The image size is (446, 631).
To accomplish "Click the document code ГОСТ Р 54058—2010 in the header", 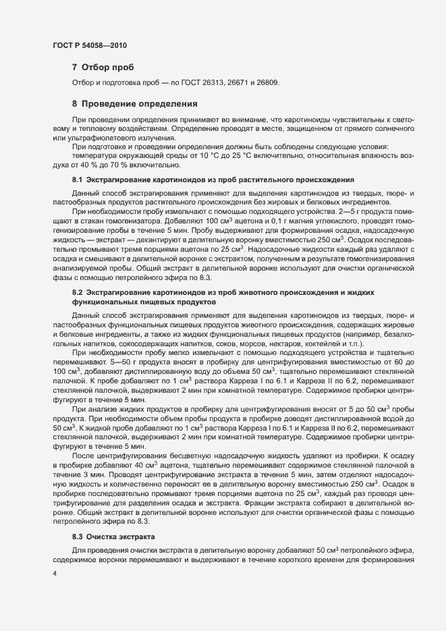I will click(x=90, y=45).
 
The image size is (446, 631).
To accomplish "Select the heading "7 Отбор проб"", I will click(x=103, y=67).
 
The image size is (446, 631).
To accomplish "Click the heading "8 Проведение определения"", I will click(x=134, y=104).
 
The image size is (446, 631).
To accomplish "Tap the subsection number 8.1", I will click(x=77, y=180).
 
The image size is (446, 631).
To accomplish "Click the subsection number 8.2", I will click(x=77, y=292).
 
